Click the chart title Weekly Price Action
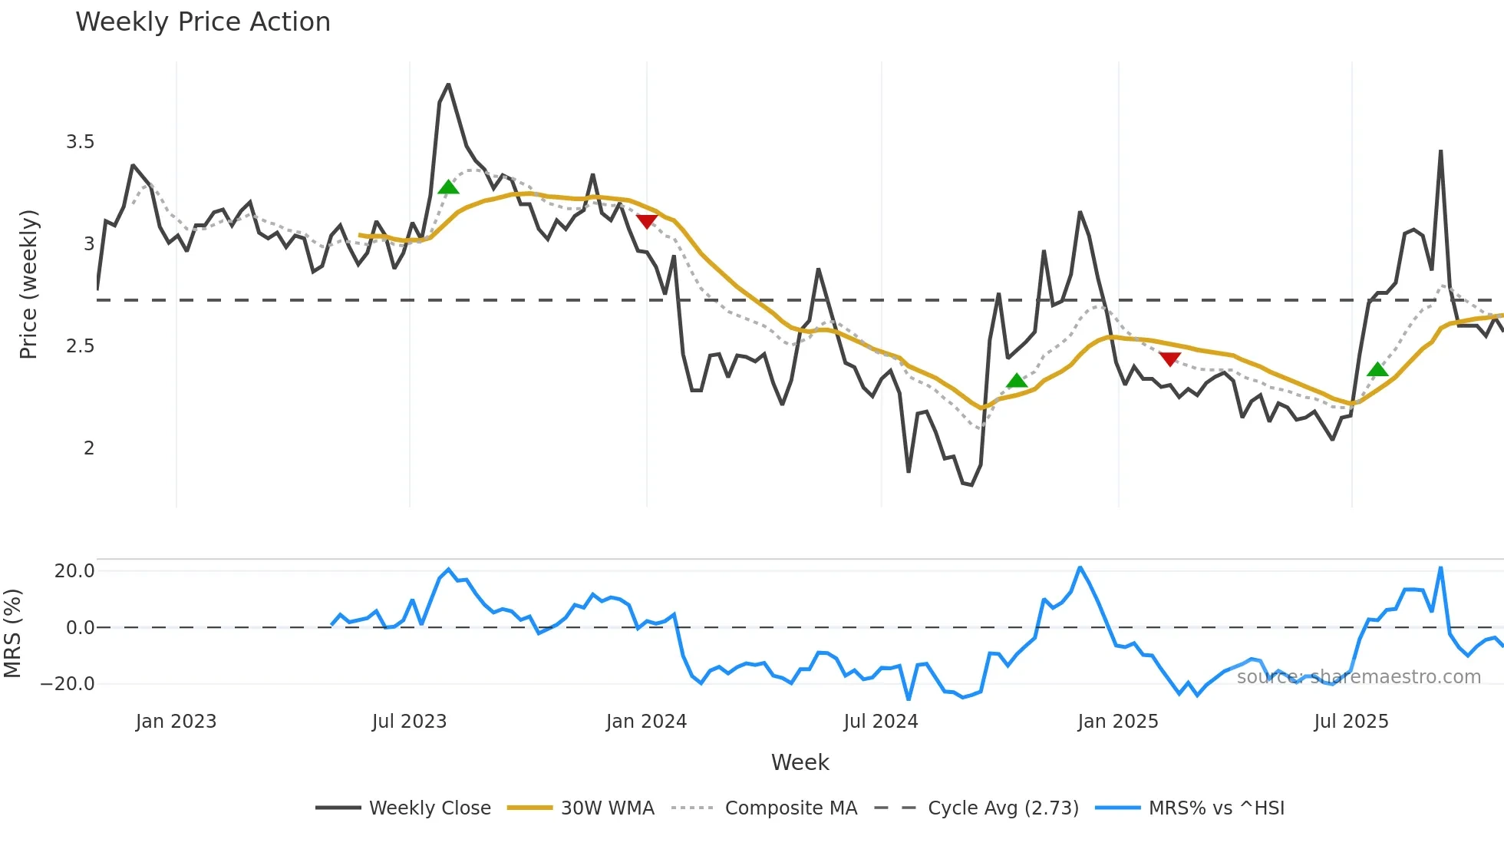[x=203, y=22]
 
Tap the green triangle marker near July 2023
[x=448, y=187]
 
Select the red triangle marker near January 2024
[x=647, y=221]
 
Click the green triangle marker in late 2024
[x=1017, y=381]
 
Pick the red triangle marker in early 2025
[x=1169, y=359]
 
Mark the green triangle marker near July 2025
[x=1377, y=369]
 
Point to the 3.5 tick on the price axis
[x=80, y=142]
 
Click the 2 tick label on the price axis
[x=89, y=448]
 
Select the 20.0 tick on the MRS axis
[x=74, y=571]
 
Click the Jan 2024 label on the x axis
[x=646, y=722]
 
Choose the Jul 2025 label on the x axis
[x=1351, y=722]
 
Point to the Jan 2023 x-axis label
[x=176, y=722]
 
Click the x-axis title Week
[x=800, y=762]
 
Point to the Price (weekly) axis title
[x=28, y=284]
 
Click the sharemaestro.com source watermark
[x=1358, y=677]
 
